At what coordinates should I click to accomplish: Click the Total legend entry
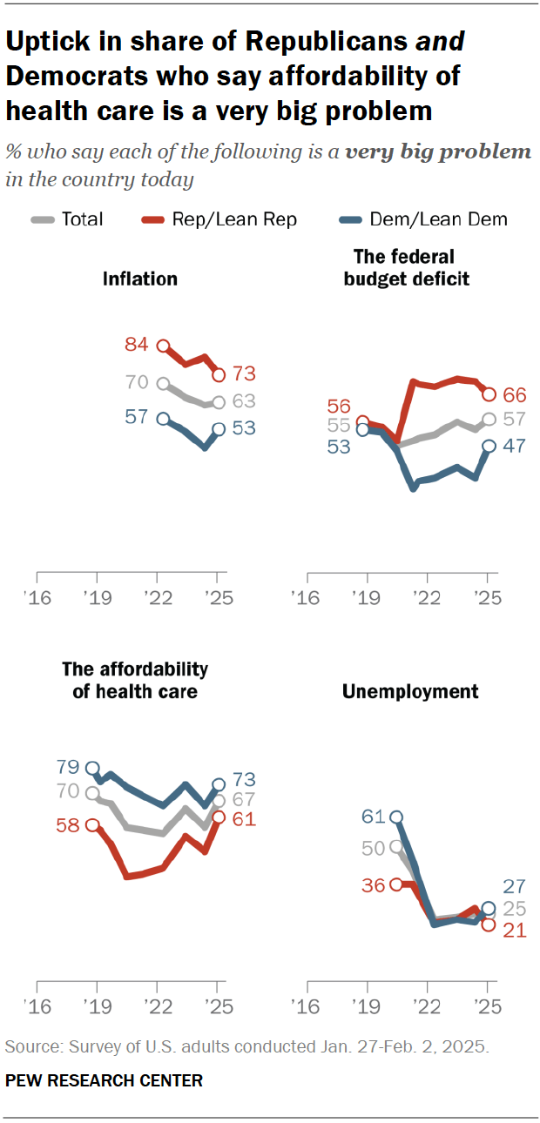click(x=82, y=219)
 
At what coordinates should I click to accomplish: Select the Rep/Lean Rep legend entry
click(x=234, y=219)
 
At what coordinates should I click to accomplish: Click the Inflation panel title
click(x=140, y=279)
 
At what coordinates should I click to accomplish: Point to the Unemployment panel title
click(x=410, y=691)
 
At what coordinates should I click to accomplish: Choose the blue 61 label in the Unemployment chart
click(x=374, y=817)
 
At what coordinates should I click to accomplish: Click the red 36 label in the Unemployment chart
click(x=374, y=884)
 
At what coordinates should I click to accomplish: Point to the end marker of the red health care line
click(x=219, y=817)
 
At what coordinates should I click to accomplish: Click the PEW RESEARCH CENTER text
click(x=104, y=1081)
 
